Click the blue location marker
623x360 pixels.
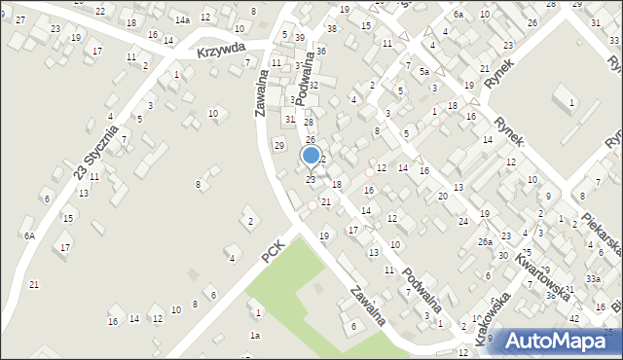pos(311,155)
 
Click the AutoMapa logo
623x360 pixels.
pos(555,341)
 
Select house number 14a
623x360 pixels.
pos(182,19)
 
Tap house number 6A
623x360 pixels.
pos(30,235)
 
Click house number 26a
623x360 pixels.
pos(485,240)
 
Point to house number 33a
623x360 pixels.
pos(593,278)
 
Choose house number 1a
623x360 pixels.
pos(254,335)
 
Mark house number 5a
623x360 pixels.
pos(424,72)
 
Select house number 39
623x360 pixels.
pos(299,37)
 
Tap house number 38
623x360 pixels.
pos(331,28)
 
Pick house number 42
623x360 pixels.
pos(574,318)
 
